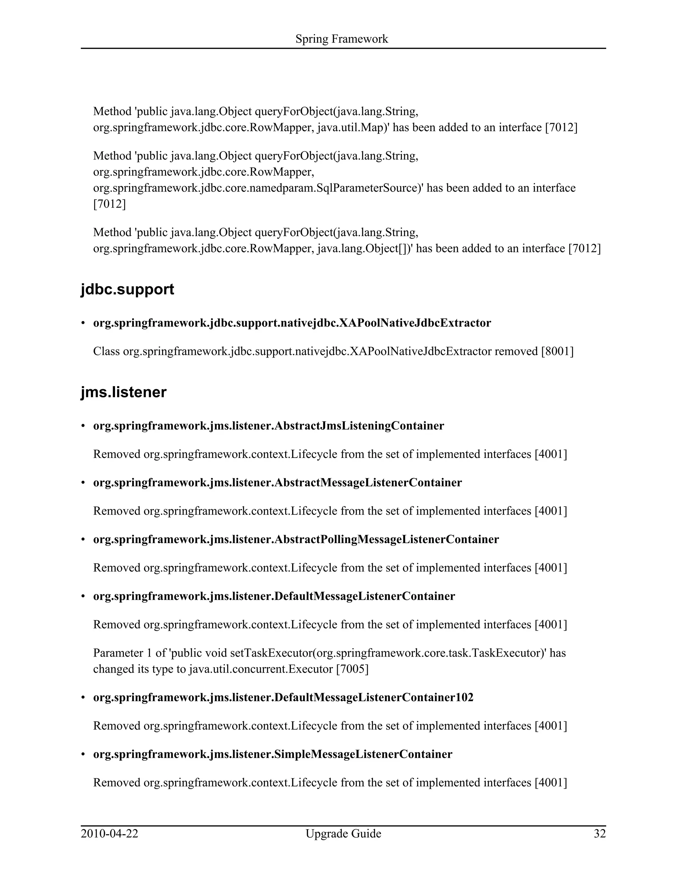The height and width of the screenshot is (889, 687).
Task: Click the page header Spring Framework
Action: coord(341,39)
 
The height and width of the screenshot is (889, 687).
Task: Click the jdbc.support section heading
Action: coord(127,290)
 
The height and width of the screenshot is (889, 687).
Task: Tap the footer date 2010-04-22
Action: coord(109,834)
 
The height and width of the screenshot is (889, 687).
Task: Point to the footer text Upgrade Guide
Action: coord(343,834)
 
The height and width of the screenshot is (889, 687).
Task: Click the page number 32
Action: coord(599,834)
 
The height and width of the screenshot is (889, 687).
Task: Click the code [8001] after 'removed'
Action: coord(557,351)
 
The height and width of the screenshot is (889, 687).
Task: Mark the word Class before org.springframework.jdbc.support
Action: coord(106,351)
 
